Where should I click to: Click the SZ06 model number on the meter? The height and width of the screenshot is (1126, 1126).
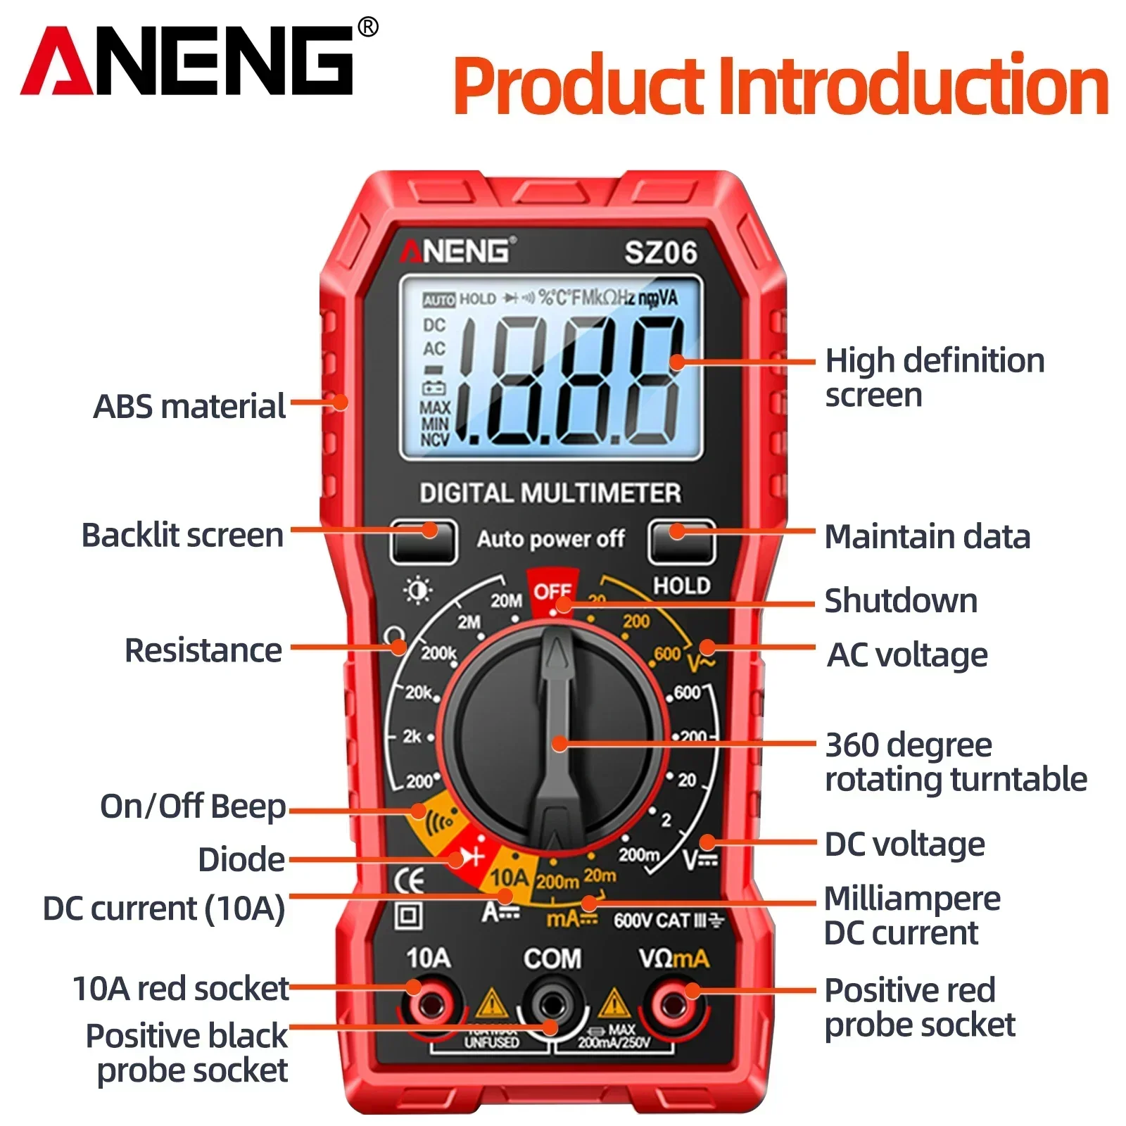coord(660,253)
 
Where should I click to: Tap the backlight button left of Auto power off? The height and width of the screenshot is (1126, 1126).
coord(424,541)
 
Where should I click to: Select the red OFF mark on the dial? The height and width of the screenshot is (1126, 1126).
coord(551,593)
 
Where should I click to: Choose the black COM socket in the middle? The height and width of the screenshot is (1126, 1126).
coord(551,1006)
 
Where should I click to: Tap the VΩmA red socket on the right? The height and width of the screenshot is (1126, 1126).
coord(673,1004)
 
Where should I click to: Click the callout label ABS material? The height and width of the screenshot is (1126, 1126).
coord(189,407)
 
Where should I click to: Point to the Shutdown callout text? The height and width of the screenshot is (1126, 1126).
coord(901,601)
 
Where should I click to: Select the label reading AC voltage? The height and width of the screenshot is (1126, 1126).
coord(907,655)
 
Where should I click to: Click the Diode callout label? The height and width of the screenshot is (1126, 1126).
coord(241,860)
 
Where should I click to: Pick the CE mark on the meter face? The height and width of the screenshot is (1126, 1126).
coord(408,880)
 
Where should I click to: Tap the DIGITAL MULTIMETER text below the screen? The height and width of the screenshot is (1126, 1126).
coord(550,493)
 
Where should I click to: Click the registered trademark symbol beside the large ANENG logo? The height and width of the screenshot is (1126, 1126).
coord(368,27)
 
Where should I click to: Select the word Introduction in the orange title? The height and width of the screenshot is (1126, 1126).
coord(913,86)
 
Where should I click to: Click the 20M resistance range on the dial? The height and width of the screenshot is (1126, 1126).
coord(506,600)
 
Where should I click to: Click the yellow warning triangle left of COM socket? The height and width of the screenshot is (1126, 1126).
coord(492,1003)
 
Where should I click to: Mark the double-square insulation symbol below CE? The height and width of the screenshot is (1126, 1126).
coord(409,916)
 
